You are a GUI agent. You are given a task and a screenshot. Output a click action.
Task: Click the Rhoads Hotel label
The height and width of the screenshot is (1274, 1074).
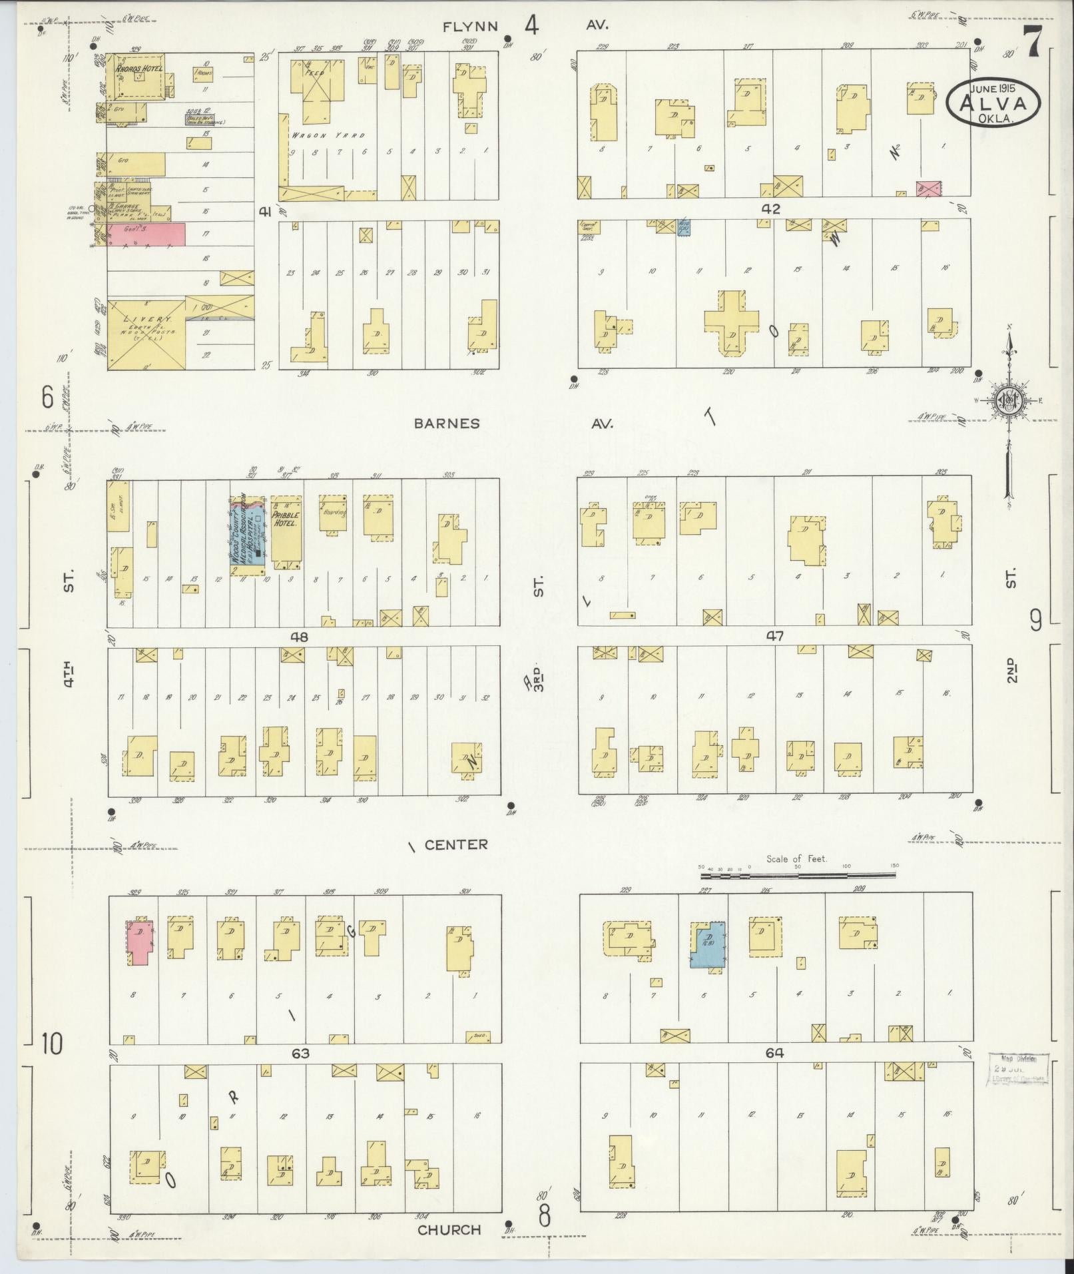click(x=138, y=68)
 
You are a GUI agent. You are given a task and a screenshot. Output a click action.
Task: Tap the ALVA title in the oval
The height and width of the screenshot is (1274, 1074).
click(x=993, y=103)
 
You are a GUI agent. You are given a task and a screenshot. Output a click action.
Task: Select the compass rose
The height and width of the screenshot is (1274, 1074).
click(x=1008, y=399)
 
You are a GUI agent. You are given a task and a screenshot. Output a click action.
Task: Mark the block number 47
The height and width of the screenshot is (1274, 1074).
click(x=774, y=636)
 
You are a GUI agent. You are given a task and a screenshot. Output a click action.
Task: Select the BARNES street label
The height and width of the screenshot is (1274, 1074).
click(x=446, y=424)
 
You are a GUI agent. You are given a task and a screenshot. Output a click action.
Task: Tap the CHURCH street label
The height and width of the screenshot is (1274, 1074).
click(x=449, y=1229)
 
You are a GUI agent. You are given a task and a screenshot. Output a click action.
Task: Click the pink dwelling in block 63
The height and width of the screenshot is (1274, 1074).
click(x=140, y=942)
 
